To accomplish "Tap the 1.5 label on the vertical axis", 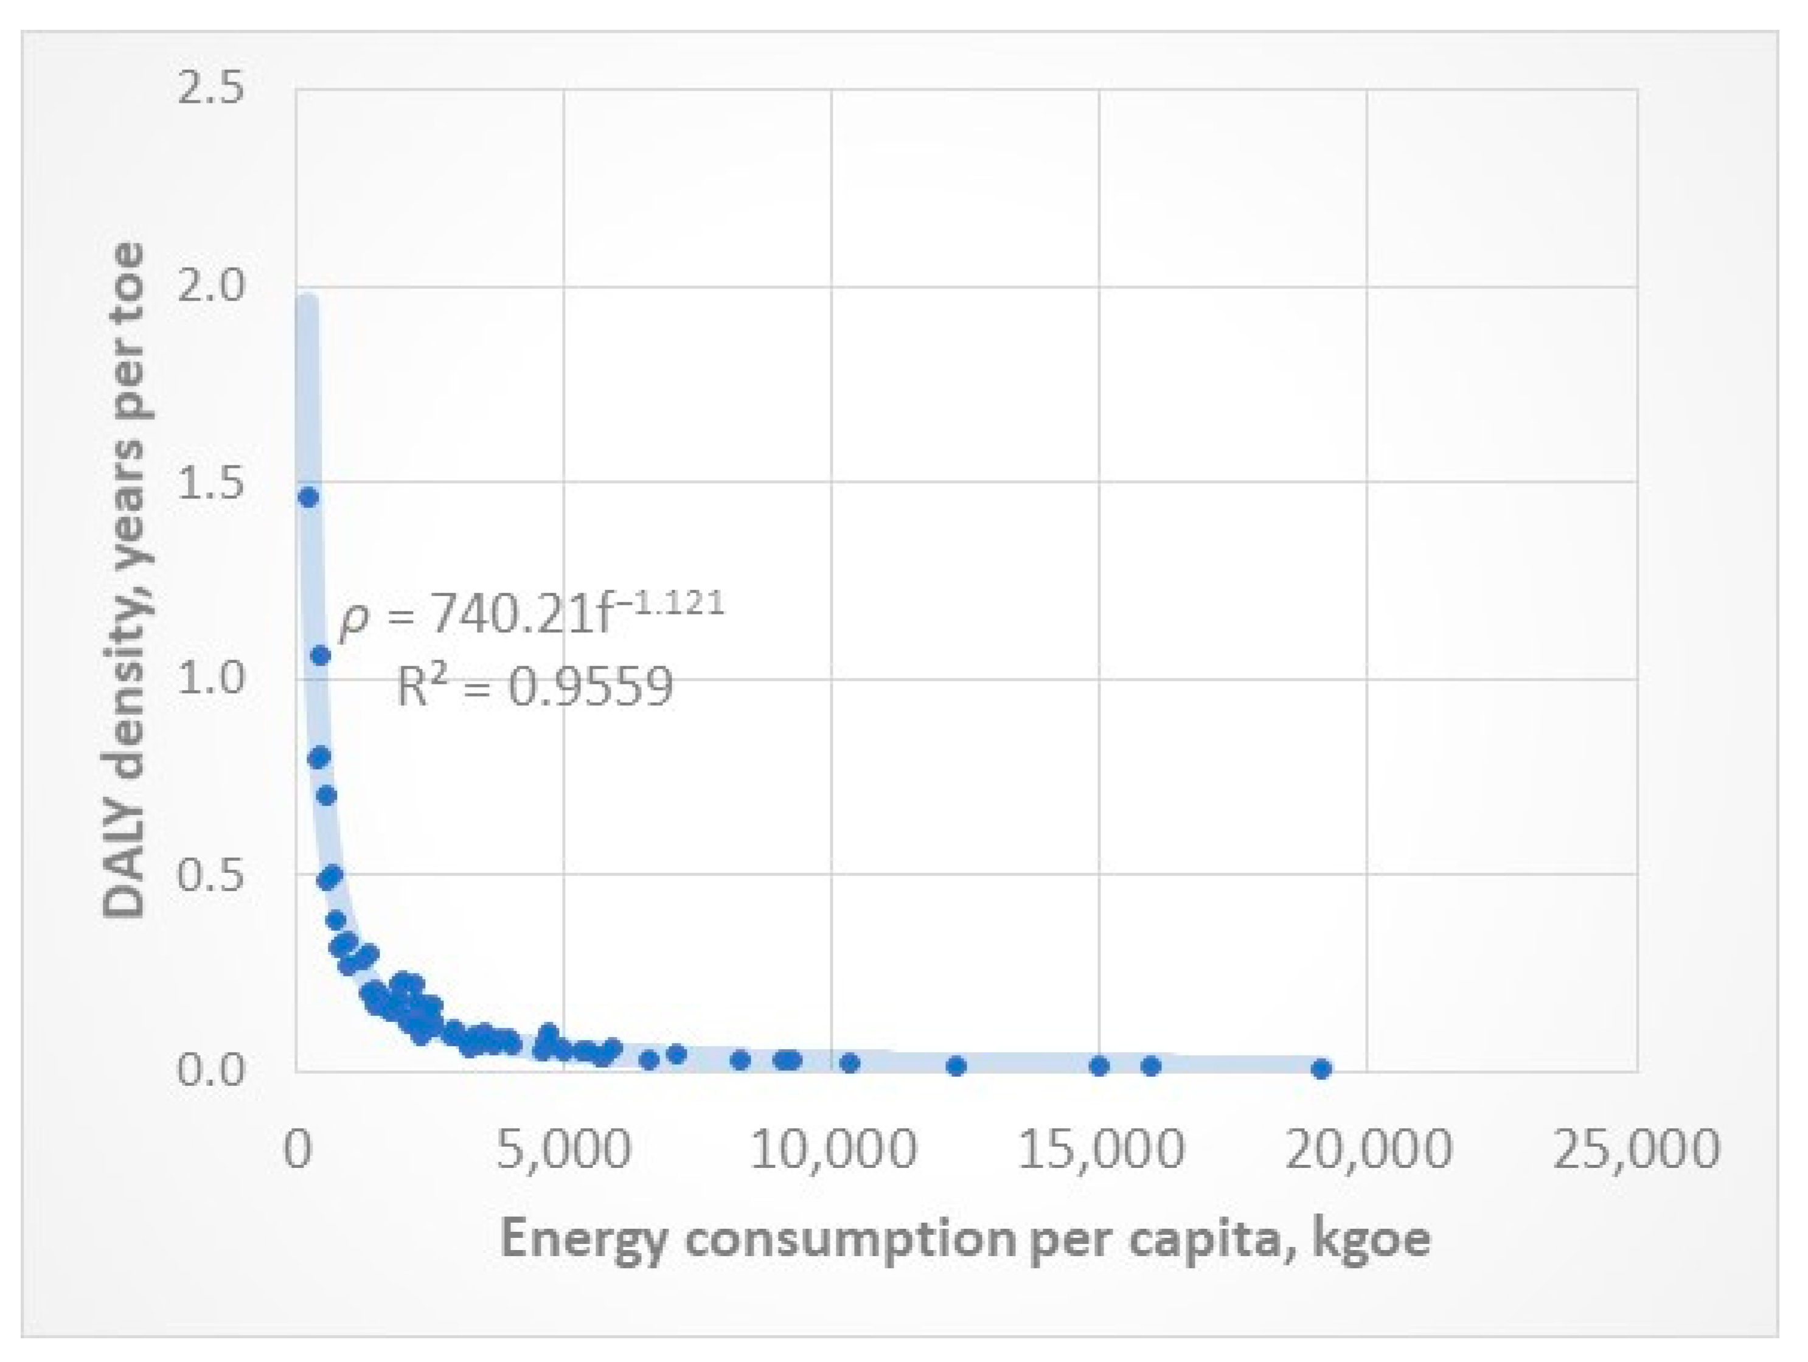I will pyautogui.click(x=211, y=482).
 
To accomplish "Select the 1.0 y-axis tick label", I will pyautogui.click(x=211, y=678).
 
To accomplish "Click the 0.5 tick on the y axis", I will pyautogui.click(x=211, y=875).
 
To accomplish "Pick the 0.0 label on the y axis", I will pyautogui.click(x=211, y=1070).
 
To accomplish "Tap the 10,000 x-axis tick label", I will pyautogui.click(x=832, y=1148).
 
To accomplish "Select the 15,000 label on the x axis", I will pyautogui.click(x=1100, y=1148).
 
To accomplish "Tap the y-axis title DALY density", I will pyautogui.click(x=124, y=580).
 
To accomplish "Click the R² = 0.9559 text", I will pyautogui.click(x=535, y=687).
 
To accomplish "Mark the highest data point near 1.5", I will pyautogui.click(x=308, y=498).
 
